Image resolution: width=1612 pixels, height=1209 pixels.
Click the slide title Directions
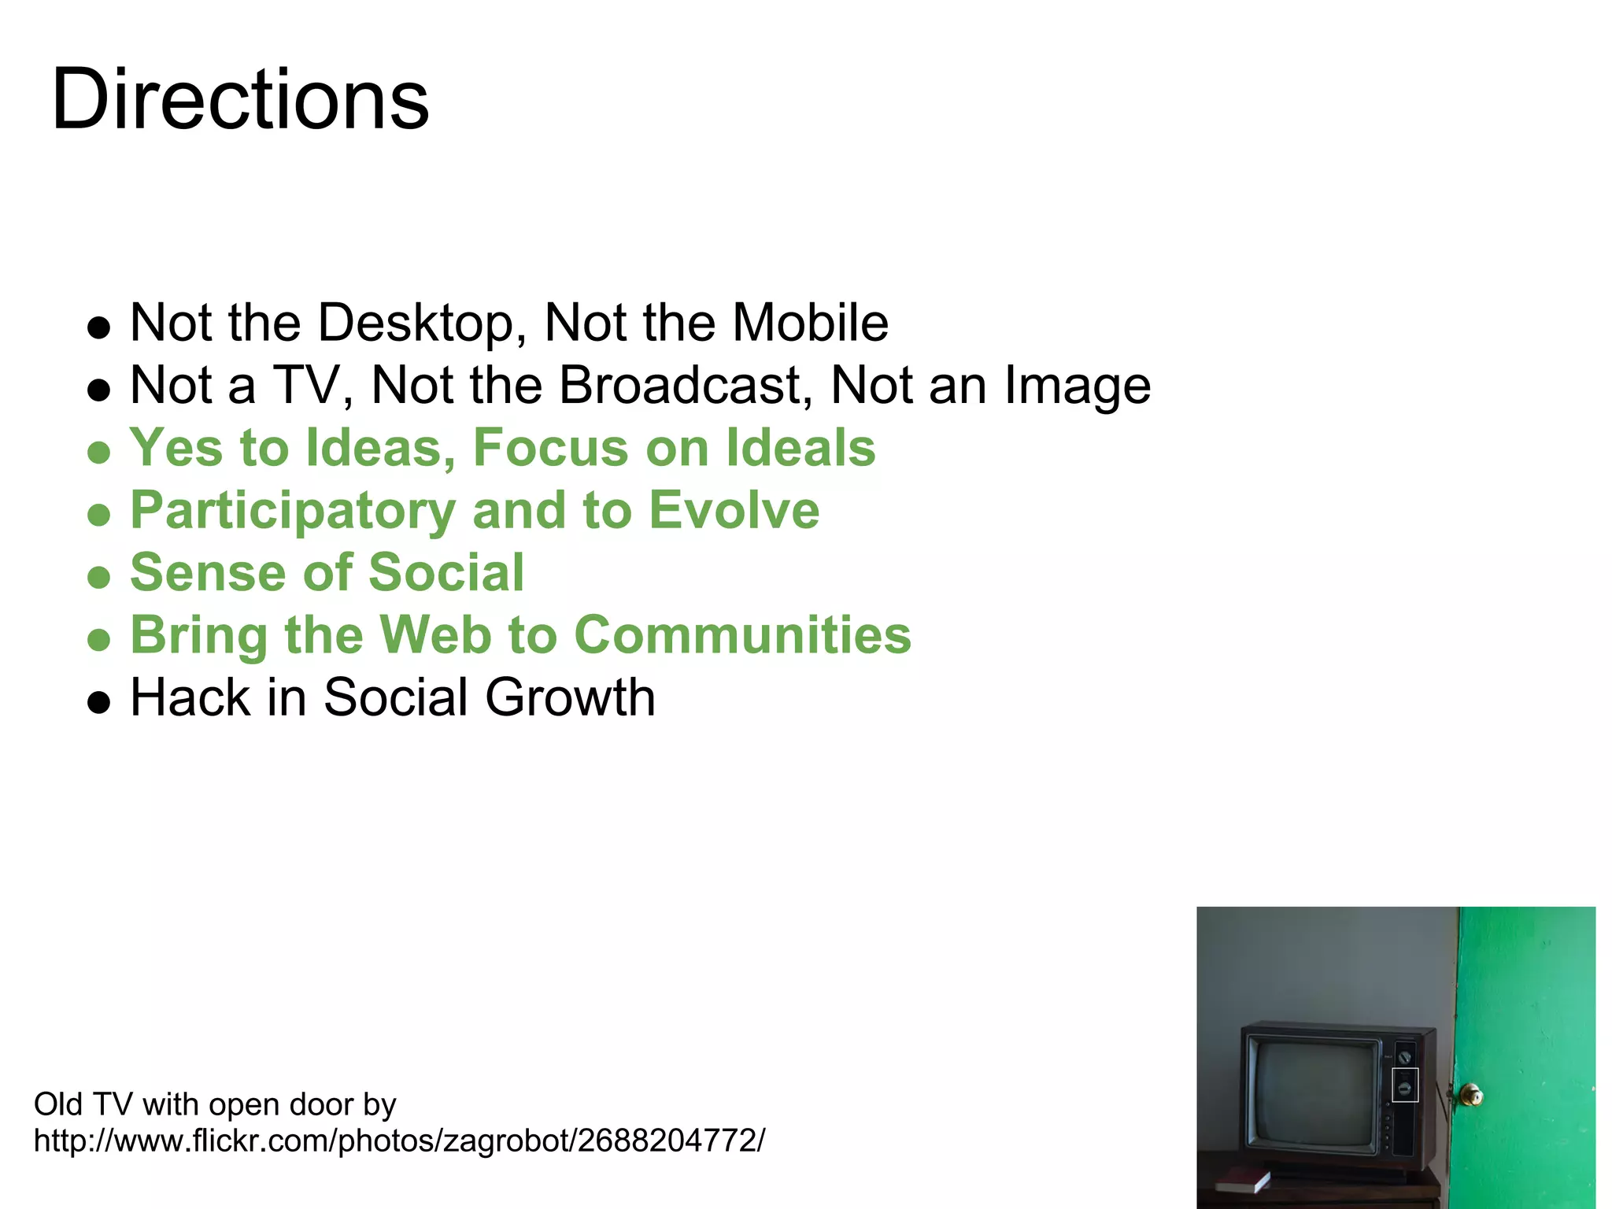pyautogui.click(x=240, y=100)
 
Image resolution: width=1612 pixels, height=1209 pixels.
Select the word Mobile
pyautogui.click(x=810, y=323)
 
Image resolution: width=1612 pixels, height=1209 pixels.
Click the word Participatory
pyautogui.click(x=293, y=512)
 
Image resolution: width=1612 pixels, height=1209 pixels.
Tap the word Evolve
pyautogui.click(x=734, y=510)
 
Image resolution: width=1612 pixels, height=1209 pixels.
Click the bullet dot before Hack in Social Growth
pyautogui.click(x=99, y=702)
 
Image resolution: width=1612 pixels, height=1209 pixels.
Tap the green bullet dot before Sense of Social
pyautogui.click(x=99, y=578)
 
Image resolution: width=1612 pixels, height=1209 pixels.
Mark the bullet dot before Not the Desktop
pyautogui.click(x=99, y=327)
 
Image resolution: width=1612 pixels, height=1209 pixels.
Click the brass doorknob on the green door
pyautogui.click(x=1469, y=1095)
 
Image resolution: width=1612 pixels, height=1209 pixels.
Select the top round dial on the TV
pyautogui.click(x=1404, y=1057)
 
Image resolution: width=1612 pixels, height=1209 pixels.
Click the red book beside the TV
pyautogui.click(x=1242, y=1180)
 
